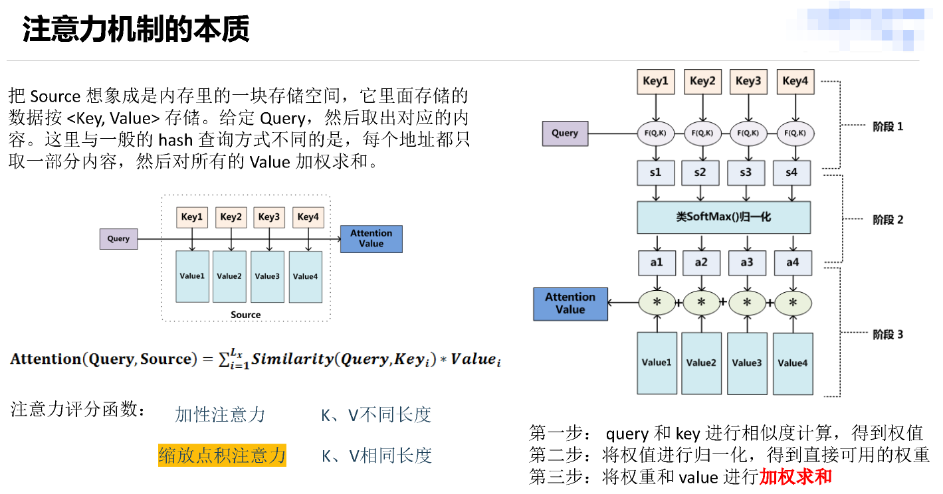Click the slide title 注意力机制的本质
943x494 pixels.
pos(136,29)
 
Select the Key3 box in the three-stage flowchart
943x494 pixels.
pos(747,81)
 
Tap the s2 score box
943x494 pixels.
pos(700,173)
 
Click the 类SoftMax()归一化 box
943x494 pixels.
pos(724,217)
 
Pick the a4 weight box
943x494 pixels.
pos(793,262)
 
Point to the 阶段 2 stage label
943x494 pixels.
pos(888,220)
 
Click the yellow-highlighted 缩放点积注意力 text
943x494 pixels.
pos(222,455)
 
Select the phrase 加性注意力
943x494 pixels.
pos(220,415)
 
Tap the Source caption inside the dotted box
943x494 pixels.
pos(246,314)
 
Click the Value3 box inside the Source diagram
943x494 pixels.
pos(267,276)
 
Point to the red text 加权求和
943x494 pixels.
pos(795,477)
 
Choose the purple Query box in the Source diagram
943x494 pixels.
pos(118,239)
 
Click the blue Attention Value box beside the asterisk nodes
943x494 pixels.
pos(570,303)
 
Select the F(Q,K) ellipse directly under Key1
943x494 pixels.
pos(656,133)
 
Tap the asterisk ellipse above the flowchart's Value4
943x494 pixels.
pos(793,303)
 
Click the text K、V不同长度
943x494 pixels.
pos(376,415)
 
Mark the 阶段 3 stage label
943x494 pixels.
pos(888,334)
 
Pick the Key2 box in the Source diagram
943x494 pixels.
pos(231,217)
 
